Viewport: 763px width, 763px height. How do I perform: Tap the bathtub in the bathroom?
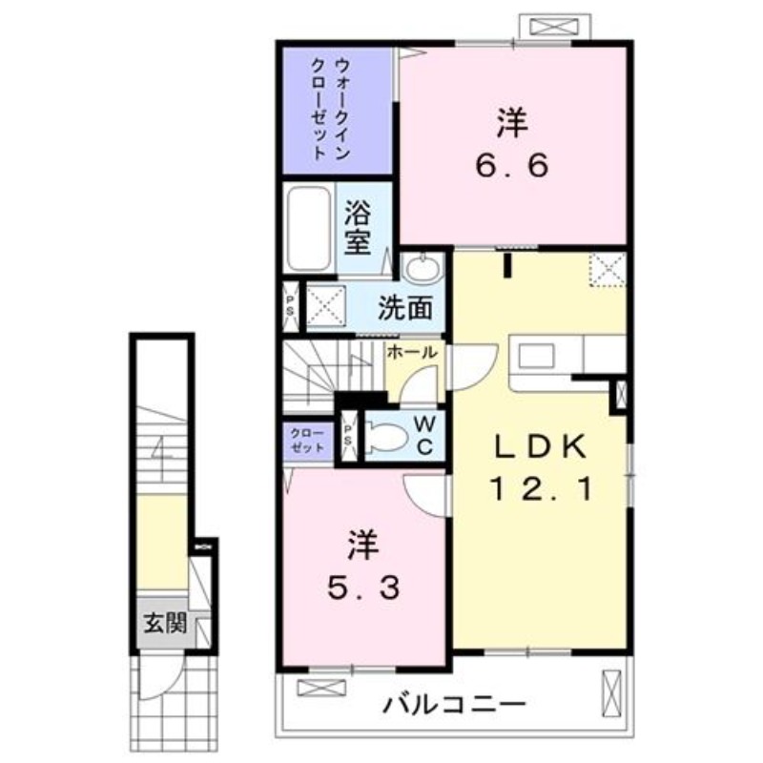(x=307, y=229)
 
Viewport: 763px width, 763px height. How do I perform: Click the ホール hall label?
(x=411, y=352)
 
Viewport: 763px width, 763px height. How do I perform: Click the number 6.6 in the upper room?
(x=512, y=166)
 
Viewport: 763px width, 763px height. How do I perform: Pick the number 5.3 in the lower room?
(x=363, y=589)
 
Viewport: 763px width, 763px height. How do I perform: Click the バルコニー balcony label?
(x=456, y=706)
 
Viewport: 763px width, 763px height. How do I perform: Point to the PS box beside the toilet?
(x=349, y=438)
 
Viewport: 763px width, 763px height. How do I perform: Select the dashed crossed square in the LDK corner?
(x=608, y=269)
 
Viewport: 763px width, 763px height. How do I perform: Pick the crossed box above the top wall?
(x=555, y=26)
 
